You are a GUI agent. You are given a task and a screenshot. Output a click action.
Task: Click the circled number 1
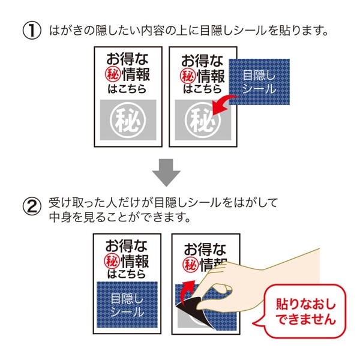click(x=31, y=29)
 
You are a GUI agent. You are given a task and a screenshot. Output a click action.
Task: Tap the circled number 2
click(x=31, y=206)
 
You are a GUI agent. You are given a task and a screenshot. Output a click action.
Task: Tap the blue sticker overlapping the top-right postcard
click(x=259, y=81)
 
